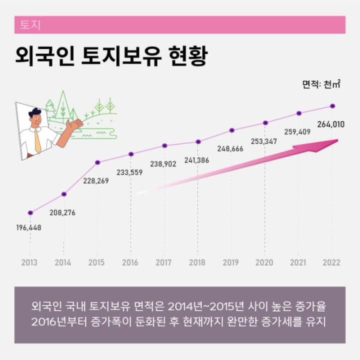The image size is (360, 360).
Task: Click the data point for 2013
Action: (x=30, y=212)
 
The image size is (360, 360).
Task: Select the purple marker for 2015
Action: (x=97, y=162)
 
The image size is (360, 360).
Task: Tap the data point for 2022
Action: (x=332, y=106)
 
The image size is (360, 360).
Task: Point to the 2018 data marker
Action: (x=198, y=141)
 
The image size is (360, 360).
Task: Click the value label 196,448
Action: (x=28, y=228)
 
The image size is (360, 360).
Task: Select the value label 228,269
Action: (x=95, y=181)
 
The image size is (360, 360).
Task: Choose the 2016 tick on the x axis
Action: (x=130, y=262)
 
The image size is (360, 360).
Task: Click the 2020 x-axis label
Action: (x=264, y=262)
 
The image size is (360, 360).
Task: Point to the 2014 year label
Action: (x=63, y=262)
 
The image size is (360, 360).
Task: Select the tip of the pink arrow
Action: (x=337, y=141)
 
